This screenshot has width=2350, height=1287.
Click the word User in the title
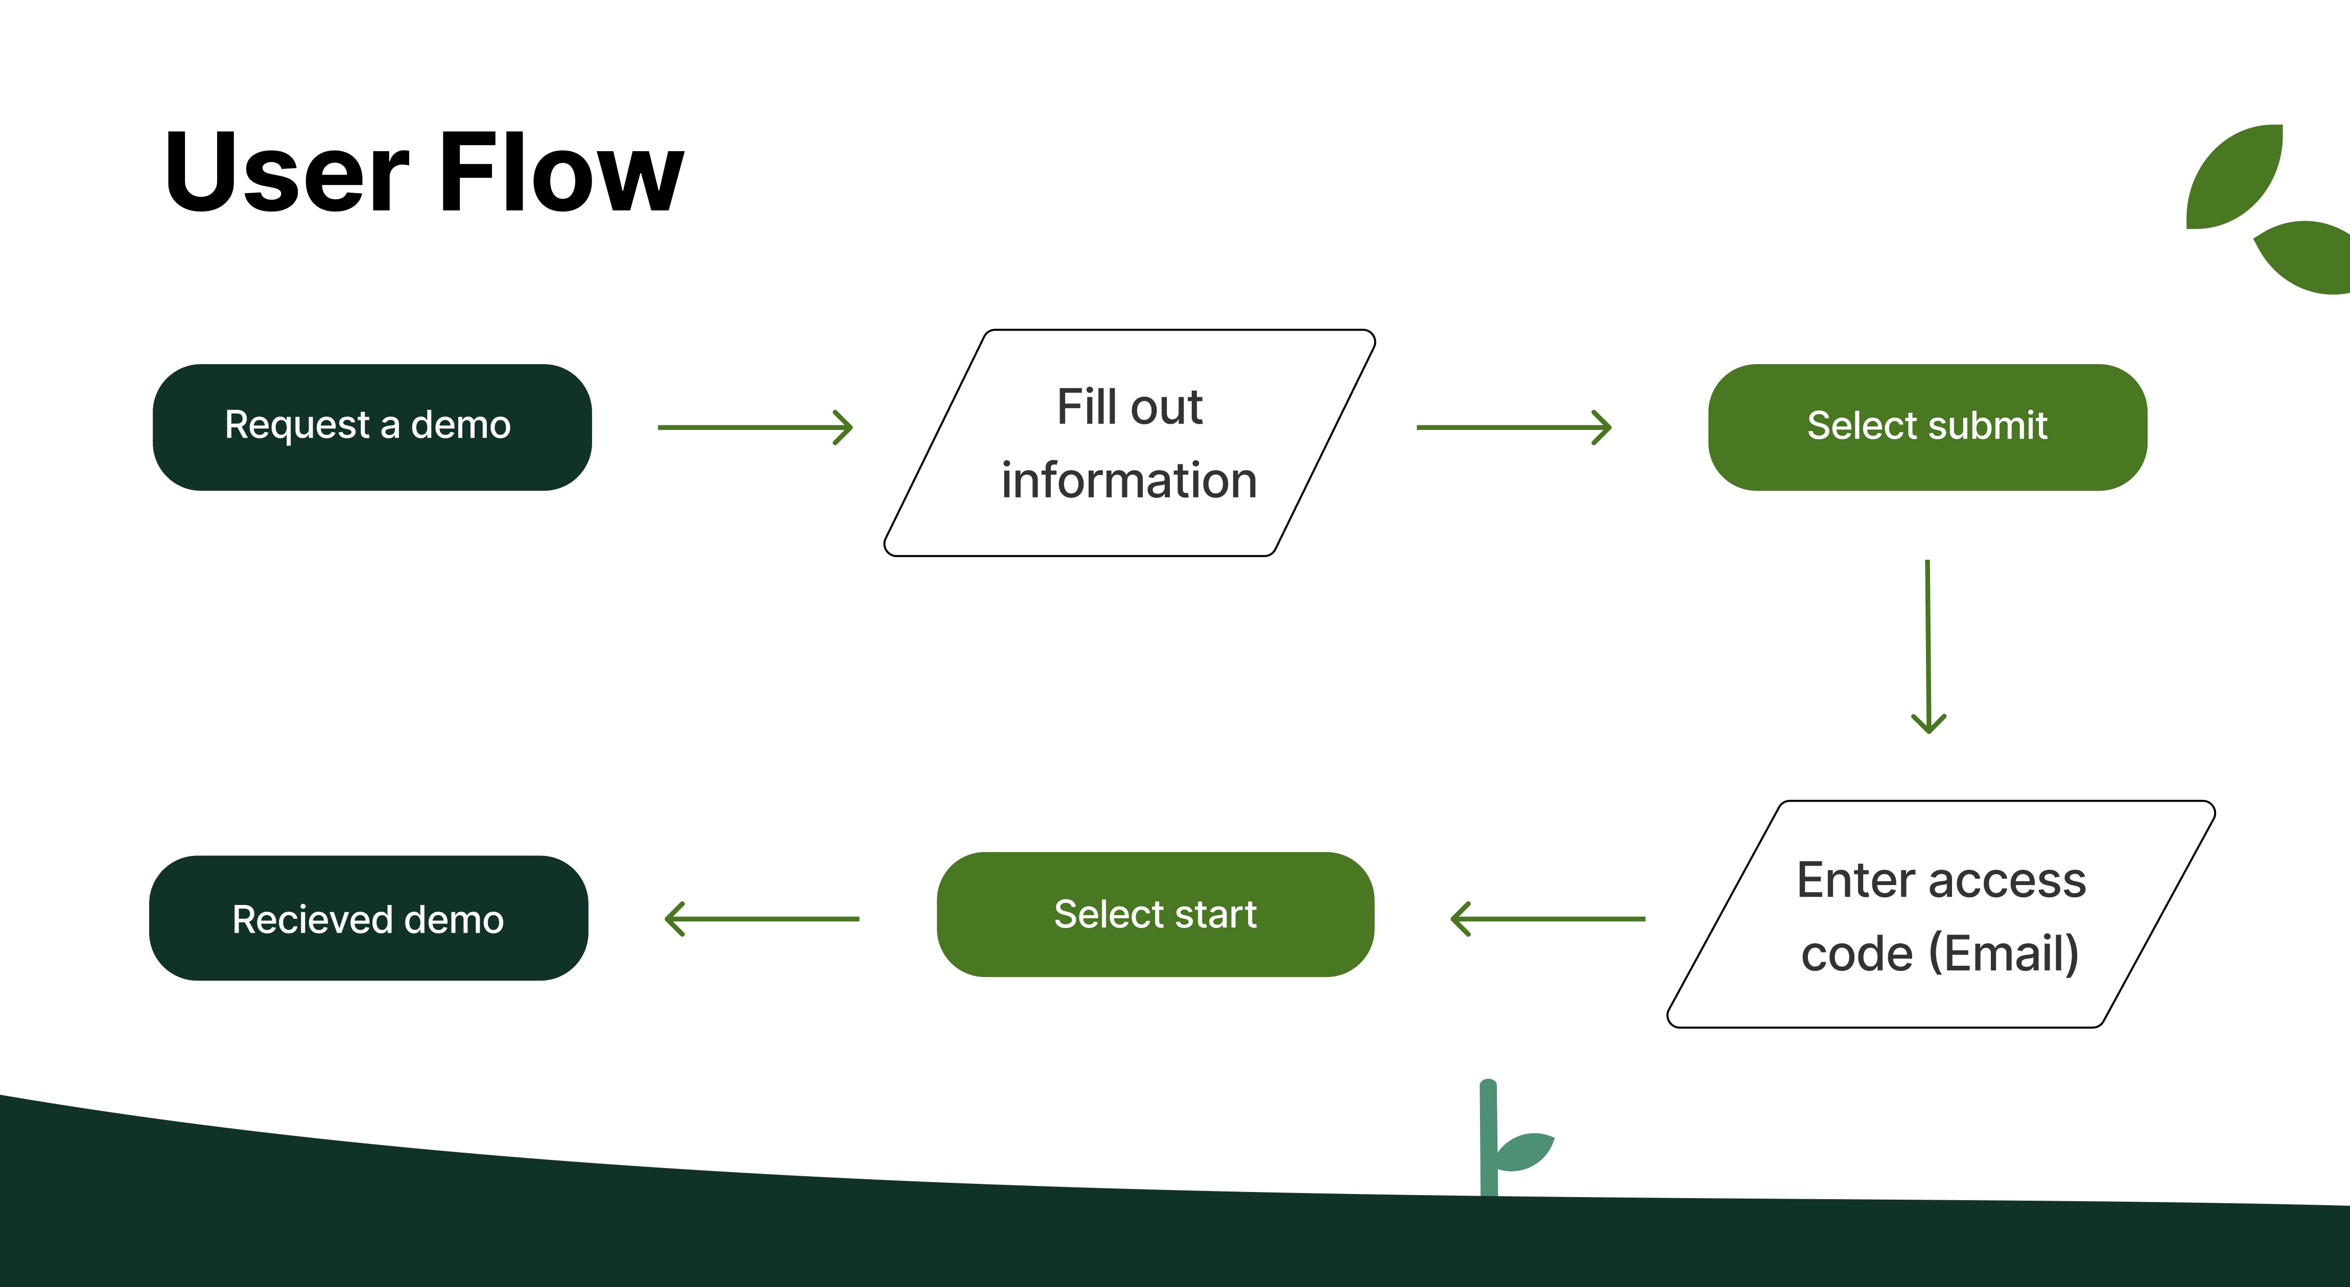(x=287, y=173)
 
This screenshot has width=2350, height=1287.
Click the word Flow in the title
(x=561, y=173)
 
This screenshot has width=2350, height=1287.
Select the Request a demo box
(x=371, y=427)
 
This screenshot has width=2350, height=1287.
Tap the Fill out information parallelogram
(x=1130, y=443)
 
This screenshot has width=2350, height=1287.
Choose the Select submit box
(x=1926, y=427)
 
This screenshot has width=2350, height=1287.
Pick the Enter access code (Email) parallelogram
(x=1940, y=915)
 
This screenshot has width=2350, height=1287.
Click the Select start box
(x=1155, y=914)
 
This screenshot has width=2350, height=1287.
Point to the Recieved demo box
(x=368, y=918)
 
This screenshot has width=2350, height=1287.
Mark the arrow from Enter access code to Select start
(x=1548, y=918)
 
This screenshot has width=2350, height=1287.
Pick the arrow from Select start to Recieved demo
(x=762, y=918)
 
